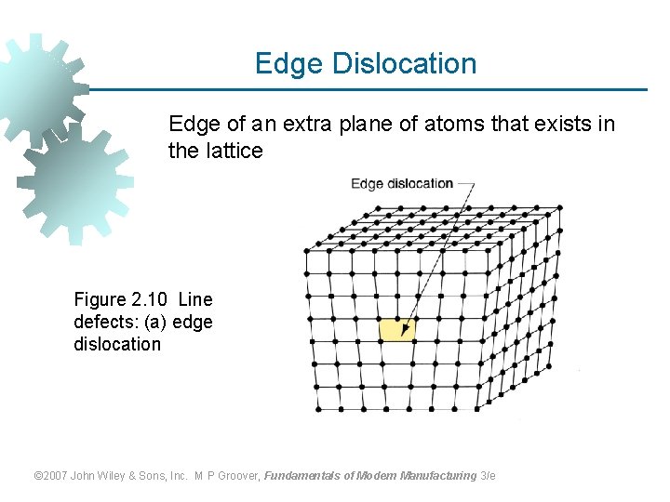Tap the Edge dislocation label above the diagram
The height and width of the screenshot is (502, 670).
tap(401, 183)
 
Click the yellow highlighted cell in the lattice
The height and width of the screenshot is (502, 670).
tap(396, 329)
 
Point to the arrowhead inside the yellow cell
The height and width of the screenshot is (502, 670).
tap(404, 328)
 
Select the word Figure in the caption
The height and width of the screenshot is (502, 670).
tap(100, 299)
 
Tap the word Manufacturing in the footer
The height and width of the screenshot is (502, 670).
tap(439, 476)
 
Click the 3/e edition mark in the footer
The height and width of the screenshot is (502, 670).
tap(488, 476)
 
